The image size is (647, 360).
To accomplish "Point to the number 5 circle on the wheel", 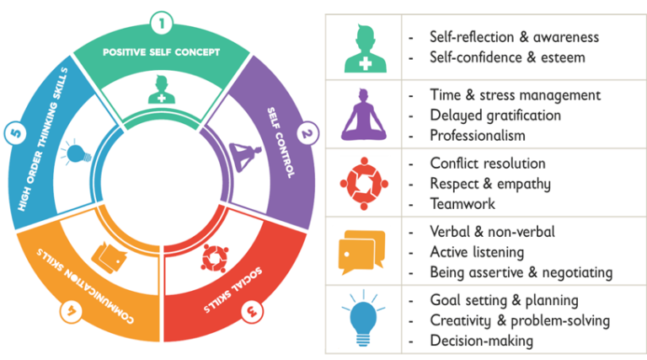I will (x=14, y=132).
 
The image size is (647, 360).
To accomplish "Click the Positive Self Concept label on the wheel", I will (x=161, y=52).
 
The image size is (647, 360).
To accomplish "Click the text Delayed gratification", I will (x=483, y=116).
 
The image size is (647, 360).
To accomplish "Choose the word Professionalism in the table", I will (x=477, y=135).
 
